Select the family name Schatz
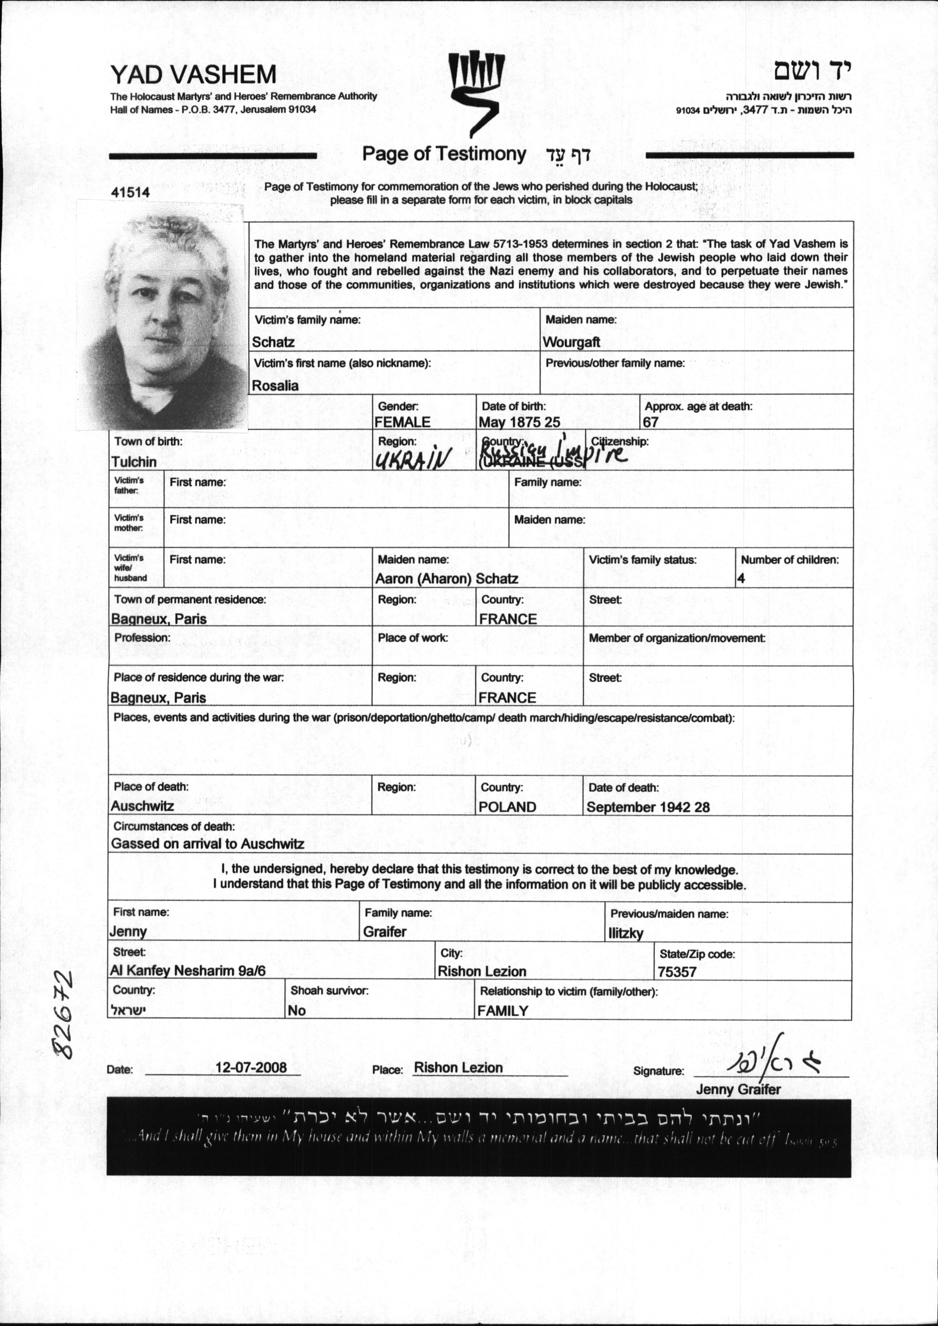click(x=273, y=342)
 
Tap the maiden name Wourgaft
click(x=571, y=342)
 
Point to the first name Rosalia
click(x=275, y=386)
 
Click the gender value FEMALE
click(x=402, y=422)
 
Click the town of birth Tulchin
click(x=134, y=462)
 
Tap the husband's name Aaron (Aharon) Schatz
click(x=446, y=578)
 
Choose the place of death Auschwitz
click(x=142, y=806)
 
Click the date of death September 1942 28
click(x=648, y=807)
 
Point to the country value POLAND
click(x=508, y=807)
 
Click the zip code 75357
click(x=677, y=972)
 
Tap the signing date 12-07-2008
click(x=251, y=1067)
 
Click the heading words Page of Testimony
click(x=444, y=154)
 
